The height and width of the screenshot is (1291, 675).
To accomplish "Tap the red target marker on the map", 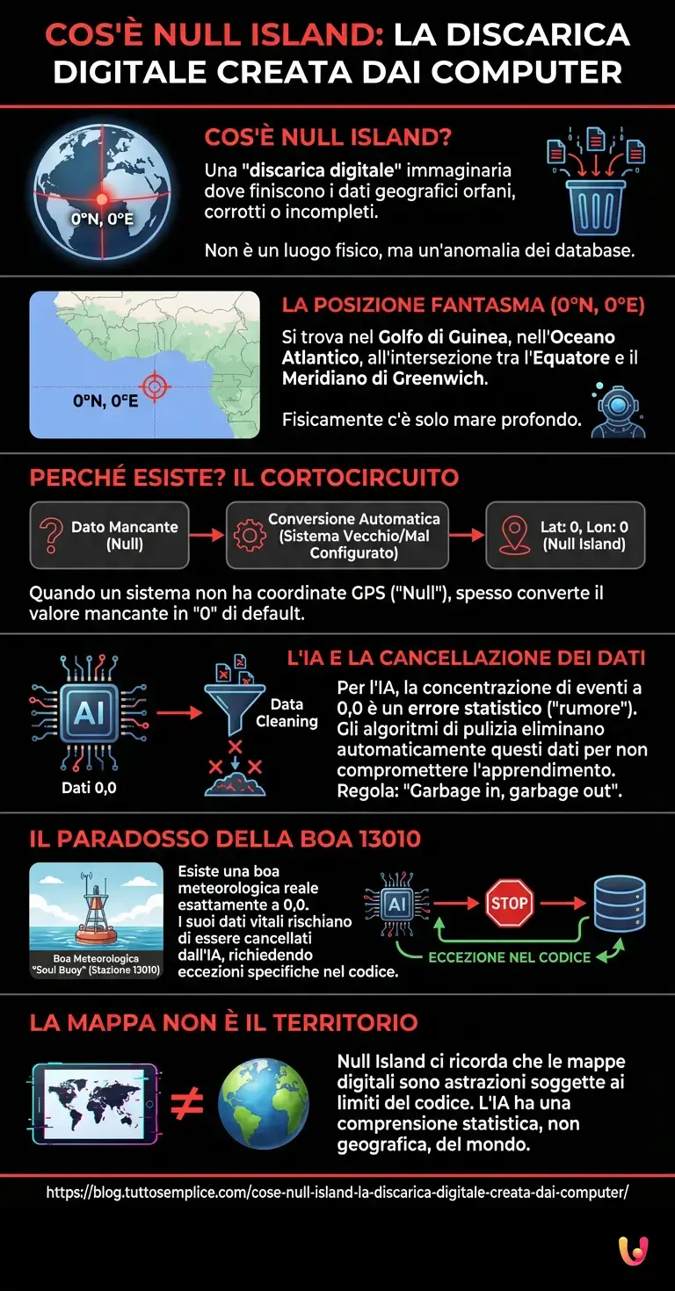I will (x=155, y=386).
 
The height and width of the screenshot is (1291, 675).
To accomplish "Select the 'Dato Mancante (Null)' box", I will (x=109, y=535).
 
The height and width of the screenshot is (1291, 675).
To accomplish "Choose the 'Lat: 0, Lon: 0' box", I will (x=565, y=535).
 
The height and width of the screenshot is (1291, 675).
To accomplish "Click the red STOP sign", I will (x=509, y=903).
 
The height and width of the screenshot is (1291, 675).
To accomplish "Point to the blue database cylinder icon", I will (x=620, y=904).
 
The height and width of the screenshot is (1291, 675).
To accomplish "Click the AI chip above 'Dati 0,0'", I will (x=88, y=712).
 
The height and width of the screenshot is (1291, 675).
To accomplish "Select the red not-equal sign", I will (x=186, y=1106).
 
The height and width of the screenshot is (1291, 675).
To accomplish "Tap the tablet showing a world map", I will (x=94, y=1103).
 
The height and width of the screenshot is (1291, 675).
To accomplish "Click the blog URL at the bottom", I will (x=337, y=1193).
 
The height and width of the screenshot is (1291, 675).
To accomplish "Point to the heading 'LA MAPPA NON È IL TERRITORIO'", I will (x=223, y=1023).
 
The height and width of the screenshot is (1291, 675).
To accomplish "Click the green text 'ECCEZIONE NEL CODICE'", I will (x=510, y=956).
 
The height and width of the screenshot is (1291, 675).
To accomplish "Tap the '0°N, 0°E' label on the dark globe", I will (x=103, y=219).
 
